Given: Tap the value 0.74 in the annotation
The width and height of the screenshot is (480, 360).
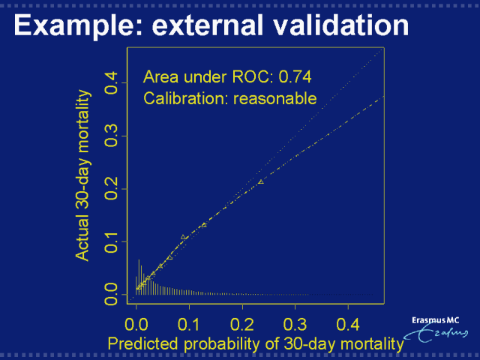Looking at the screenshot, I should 295,76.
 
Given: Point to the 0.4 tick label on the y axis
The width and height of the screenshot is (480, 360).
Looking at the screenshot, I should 110,81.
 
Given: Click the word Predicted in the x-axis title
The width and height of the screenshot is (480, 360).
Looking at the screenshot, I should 142,344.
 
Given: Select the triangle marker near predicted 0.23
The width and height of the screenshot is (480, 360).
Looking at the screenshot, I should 261,181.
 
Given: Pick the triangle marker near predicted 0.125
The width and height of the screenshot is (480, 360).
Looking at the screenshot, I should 203,225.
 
